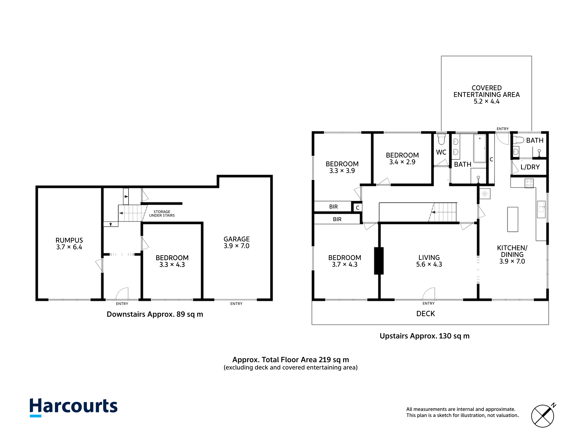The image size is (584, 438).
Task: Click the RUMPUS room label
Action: point(69,244)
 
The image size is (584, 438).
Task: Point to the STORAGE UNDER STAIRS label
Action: point(162,214)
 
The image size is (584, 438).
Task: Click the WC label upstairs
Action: point(441,152)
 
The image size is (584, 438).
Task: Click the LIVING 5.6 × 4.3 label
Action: point(429,261)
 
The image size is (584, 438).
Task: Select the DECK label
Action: point(426,314)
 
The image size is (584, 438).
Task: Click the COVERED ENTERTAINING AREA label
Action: point(487,94)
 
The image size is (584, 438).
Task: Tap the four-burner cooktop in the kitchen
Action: point(529,183)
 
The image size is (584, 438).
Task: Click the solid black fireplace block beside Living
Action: point(379,261)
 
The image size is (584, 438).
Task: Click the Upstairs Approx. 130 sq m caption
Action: point(425,336)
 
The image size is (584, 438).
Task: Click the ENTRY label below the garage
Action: point(236,304)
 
